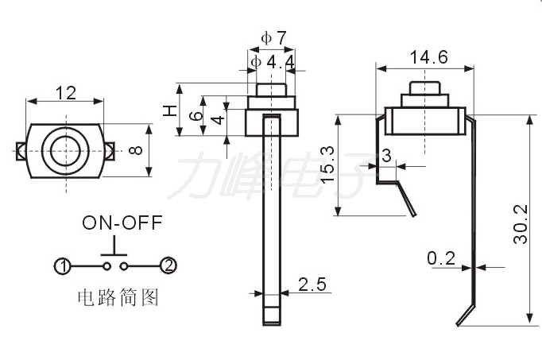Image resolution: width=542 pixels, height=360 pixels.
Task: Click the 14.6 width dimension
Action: pos(428,57)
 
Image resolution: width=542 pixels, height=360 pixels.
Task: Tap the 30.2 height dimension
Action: pos(521,225)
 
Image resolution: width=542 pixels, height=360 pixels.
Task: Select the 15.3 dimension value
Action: pos(327,165)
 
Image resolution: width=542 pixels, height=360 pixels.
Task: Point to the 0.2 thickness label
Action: pos(441,258)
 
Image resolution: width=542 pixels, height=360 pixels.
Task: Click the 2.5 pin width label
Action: pos(312,285)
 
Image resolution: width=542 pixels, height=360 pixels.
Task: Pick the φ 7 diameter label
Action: pos(273,38)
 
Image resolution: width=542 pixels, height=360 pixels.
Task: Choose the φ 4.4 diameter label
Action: pos(273,63)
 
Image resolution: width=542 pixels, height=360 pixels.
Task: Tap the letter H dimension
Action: pos(170,110)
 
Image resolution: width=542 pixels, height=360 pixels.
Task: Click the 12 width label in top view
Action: pos(66,93)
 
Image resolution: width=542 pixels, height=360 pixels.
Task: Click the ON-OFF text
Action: pos(122,223)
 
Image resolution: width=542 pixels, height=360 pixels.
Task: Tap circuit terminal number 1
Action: pos(63,266)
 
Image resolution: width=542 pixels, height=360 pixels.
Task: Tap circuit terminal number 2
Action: pos(168,266)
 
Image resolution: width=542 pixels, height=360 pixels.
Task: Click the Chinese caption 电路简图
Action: pos(118,297)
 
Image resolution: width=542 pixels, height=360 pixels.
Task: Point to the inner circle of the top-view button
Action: pos(65,151)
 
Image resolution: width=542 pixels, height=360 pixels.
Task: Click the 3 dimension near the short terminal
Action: pos(386,156)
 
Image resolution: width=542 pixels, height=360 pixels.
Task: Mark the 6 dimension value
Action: pos(196,115)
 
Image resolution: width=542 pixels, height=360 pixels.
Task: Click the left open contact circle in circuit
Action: pos(107,266)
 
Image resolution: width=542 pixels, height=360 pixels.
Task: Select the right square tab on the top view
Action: pos(110,151)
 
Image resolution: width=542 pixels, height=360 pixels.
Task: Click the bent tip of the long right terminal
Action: pos(459,324)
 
